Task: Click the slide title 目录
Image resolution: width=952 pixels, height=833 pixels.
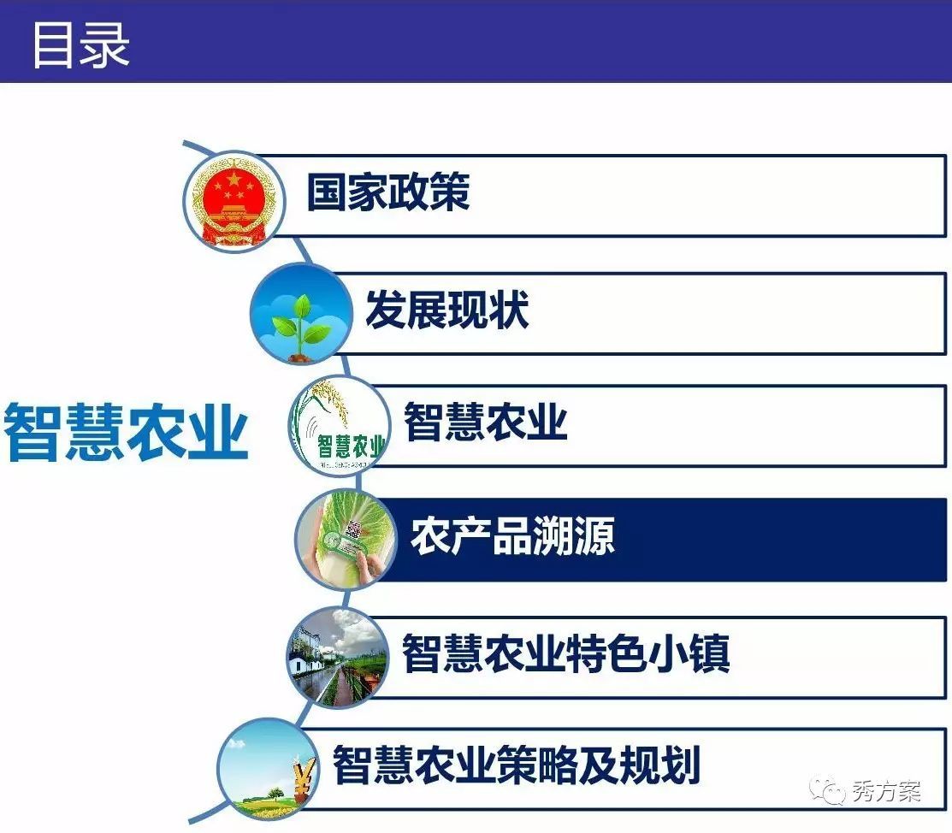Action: click(80, 44)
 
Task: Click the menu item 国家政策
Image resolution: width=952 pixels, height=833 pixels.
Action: click(388, 192)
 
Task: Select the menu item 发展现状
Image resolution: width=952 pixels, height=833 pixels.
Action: click(446, 310)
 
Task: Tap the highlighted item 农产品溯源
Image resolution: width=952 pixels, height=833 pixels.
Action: click(513, 536)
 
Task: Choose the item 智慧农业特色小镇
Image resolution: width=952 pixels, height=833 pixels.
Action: click(566, 653)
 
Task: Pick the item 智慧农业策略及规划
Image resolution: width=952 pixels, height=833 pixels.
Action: click(517, 765)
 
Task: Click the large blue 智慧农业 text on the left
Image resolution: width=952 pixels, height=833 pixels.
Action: click(127, 432)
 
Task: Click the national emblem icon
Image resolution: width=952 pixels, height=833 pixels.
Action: click(234, 201)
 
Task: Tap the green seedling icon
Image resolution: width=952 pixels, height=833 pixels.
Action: click(301, 314)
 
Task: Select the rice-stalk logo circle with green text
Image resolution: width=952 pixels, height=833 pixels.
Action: click(339, 426)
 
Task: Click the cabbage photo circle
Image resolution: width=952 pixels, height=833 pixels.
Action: click(346, 539)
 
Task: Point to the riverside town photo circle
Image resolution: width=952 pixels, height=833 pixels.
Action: click(338, 659)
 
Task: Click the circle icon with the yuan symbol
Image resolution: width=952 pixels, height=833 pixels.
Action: click(268, 769)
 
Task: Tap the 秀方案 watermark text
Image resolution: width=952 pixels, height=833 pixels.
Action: click(887, 791)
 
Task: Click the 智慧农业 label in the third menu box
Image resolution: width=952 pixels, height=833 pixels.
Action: click(486, 422)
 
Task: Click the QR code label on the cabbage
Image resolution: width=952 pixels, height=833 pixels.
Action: click(352, 529)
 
